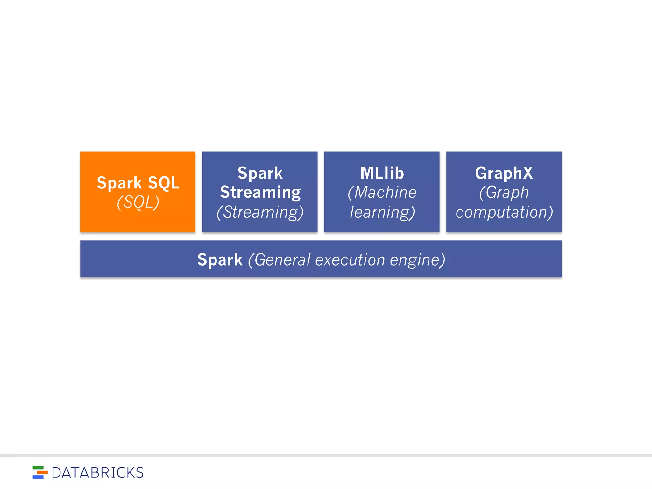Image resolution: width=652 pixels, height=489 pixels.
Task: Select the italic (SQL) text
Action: coord(138,202)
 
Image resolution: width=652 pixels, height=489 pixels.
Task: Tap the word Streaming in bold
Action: coord(260,192)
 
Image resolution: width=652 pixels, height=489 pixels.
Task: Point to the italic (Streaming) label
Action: coord(260,212)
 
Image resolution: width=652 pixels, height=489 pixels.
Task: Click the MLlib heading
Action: coord(382,173)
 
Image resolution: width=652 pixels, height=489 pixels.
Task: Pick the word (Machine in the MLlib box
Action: coord(382,192)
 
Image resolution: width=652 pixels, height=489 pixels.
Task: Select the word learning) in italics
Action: coord(382,212)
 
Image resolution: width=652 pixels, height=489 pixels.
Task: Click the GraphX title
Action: coord(504,173)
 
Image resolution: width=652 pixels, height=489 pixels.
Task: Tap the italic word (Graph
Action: coord(504,192)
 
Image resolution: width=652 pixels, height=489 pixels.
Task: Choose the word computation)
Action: coord(504,212)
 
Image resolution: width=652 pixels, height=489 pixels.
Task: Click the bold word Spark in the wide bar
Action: coord(220,259)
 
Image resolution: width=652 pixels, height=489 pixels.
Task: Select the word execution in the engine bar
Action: coord(350,259)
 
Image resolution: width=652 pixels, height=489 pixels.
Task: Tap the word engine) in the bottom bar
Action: coord(417,259)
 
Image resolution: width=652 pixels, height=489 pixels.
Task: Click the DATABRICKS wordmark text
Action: coord(97,472)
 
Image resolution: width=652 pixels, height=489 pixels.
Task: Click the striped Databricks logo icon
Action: coord(40,472)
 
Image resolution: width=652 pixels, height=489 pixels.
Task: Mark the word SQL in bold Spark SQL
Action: coord(164,183)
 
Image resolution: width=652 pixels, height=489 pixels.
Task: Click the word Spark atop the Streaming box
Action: coord(260,173)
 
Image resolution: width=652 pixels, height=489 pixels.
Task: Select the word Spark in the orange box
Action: coord(119,183)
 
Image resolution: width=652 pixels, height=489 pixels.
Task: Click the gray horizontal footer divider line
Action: coord(326,455)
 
